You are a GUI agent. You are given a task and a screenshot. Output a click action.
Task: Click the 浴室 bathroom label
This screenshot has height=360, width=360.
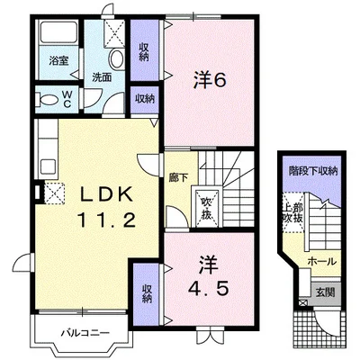[x=59, y=61]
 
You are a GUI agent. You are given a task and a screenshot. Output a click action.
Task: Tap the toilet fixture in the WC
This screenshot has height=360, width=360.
[x=46, y=99]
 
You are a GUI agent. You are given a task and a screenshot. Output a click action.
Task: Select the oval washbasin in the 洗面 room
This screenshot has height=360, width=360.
[x=116, y=59]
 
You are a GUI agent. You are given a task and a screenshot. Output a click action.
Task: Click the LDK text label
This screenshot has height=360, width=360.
[x=105, y=195]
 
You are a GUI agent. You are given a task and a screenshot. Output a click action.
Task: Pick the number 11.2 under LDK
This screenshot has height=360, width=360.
[x=105, y=220]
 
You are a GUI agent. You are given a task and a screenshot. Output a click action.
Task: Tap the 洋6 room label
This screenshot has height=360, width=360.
[x=209, y=80]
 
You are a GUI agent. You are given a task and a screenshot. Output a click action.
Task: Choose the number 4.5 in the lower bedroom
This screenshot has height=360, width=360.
[x=209, y=289]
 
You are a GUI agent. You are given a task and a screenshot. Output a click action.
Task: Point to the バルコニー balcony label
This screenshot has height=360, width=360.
[x=85, y=333]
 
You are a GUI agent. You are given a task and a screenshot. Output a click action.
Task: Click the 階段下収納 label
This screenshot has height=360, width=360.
[x=313, y=171]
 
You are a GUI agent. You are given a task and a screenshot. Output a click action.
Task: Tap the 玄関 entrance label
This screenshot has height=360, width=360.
[x=325, y=292]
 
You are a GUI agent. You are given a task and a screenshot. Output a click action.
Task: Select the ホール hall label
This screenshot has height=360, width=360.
[x=322, y=262]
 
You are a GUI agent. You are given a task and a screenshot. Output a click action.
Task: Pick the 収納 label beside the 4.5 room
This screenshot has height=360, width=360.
[x=147, y=293]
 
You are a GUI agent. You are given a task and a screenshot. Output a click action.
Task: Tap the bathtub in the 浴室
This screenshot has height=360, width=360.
[x=59, y=32]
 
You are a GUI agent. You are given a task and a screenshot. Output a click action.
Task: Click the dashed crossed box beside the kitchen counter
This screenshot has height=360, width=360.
[x=55, y=193]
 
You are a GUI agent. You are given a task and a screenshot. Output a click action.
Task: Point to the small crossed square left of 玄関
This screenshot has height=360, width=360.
[x=302, y=303]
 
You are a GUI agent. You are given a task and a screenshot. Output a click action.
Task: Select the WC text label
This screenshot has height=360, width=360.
[x=67, y=99]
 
